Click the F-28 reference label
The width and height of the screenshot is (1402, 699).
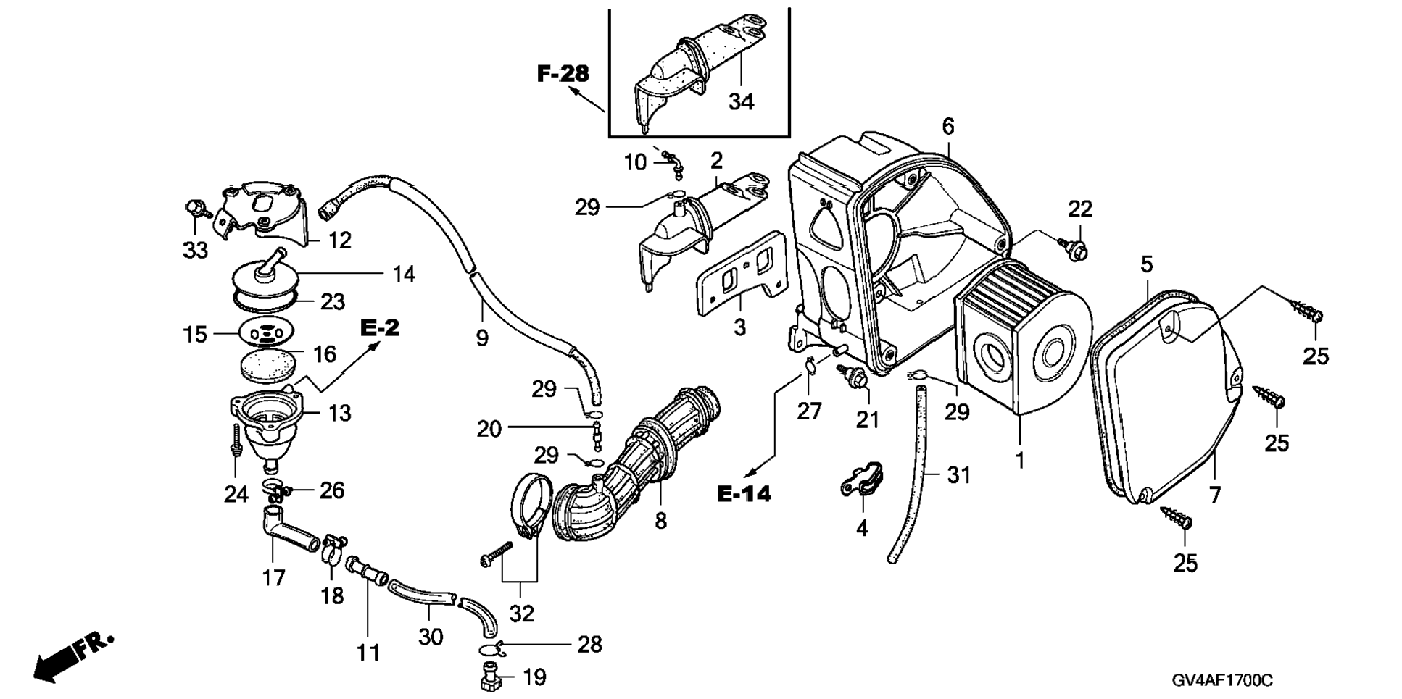pyautogui.click(x=563, y=73)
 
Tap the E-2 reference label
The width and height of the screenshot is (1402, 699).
pyautogui.click(x=380, y=328)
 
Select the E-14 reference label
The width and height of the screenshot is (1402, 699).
pyautogui.click(x=744, y=494)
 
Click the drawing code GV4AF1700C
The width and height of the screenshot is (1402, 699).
pyautogui.click(x=1221, y=681)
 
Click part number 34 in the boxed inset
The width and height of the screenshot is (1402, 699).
pyautogui.click(x=741, y=101)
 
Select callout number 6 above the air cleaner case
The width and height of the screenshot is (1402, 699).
pyautogui.click(x=948, y=126)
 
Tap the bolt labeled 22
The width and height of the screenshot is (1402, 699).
pyautogui.click(x=1075, y=249)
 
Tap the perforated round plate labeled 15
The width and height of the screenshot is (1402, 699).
pyautogui.click(x=267, y=333)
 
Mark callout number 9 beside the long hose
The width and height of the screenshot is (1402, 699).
pyautogui.click(x=482, y=338)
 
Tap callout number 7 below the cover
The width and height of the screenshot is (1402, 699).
pyautogui.click(x=1215, y=495)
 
